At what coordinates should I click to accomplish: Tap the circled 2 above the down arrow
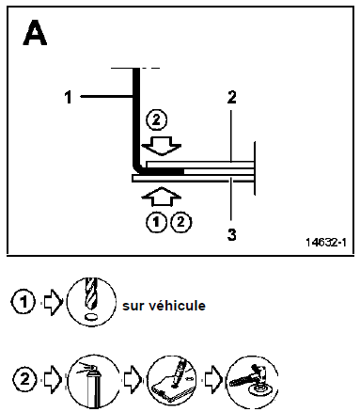(157, 120)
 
